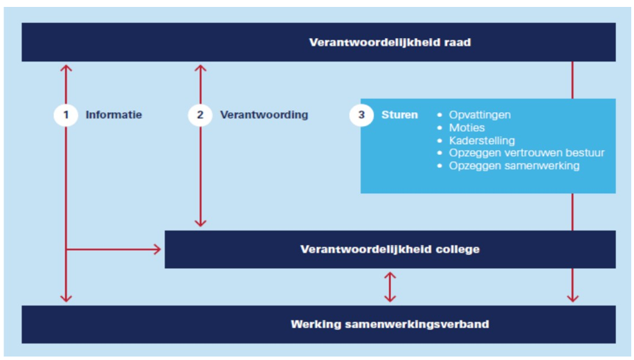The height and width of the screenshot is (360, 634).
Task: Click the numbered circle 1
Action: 66,115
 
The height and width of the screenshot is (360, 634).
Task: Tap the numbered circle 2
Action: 200,115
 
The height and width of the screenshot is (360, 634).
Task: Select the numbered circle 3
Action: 361,115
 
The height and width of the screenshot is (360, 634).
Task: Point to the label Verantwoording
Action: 264,115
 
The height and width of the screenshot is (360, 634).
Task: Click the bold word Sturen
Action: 399,115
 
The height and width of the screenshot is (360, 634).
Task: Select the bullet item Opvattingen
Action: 480,115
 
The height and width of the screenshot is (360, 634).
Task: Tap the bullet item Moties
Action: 467,128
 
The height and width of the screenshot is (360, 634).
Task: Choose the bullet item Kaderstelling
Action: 482,141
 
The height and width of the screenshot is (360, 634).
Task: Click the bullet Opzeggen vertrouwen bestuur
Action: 527,153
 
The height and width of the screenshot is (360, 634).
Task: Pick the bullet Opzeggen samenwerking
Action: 514,166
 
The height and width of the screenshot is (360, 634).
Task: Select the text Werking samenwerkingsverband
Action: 390,324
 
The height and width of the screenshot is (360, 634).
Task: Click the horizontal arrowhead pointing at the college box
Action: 157,249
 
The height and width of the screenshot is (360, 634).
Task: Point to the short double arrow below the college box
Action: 390,287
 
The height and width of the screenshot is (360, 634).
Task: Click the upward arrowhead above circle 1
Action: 66,68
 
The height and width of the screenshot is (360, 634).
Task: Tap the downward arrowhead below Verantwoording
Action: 200,222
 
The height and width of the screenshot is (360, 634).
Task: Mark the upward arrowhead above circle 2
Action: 200,68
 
